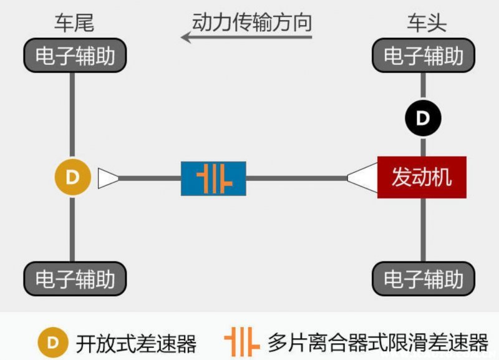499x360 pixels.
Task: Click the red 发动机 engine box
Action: point(422,178)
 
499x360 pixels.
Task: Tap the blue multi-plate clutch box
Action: point(213,178)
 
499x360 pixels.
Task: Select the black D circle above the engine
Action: point(423,118)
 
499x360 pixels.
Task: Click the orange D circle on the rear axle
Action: point(73,178)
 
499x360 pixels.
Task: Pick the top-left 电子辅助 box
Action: point(75,56)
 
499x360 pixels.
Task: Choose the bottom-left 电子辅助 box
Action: point(75,278)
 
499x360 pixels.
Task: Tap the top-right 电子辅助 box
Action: point(424,56)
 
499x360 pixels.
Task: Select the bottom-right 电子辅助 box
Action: point(424,278)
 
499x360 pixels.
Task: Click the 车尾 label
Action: point(74,24)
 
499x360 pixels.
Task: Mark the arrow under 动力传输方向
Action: point(246,37)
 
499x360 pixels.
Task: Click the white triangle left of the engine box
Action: point(363,178)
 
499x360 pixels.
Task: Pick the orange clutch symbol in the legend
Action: point(241,341)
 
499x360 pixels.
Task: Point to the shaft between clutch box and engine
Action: point(296,178)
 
